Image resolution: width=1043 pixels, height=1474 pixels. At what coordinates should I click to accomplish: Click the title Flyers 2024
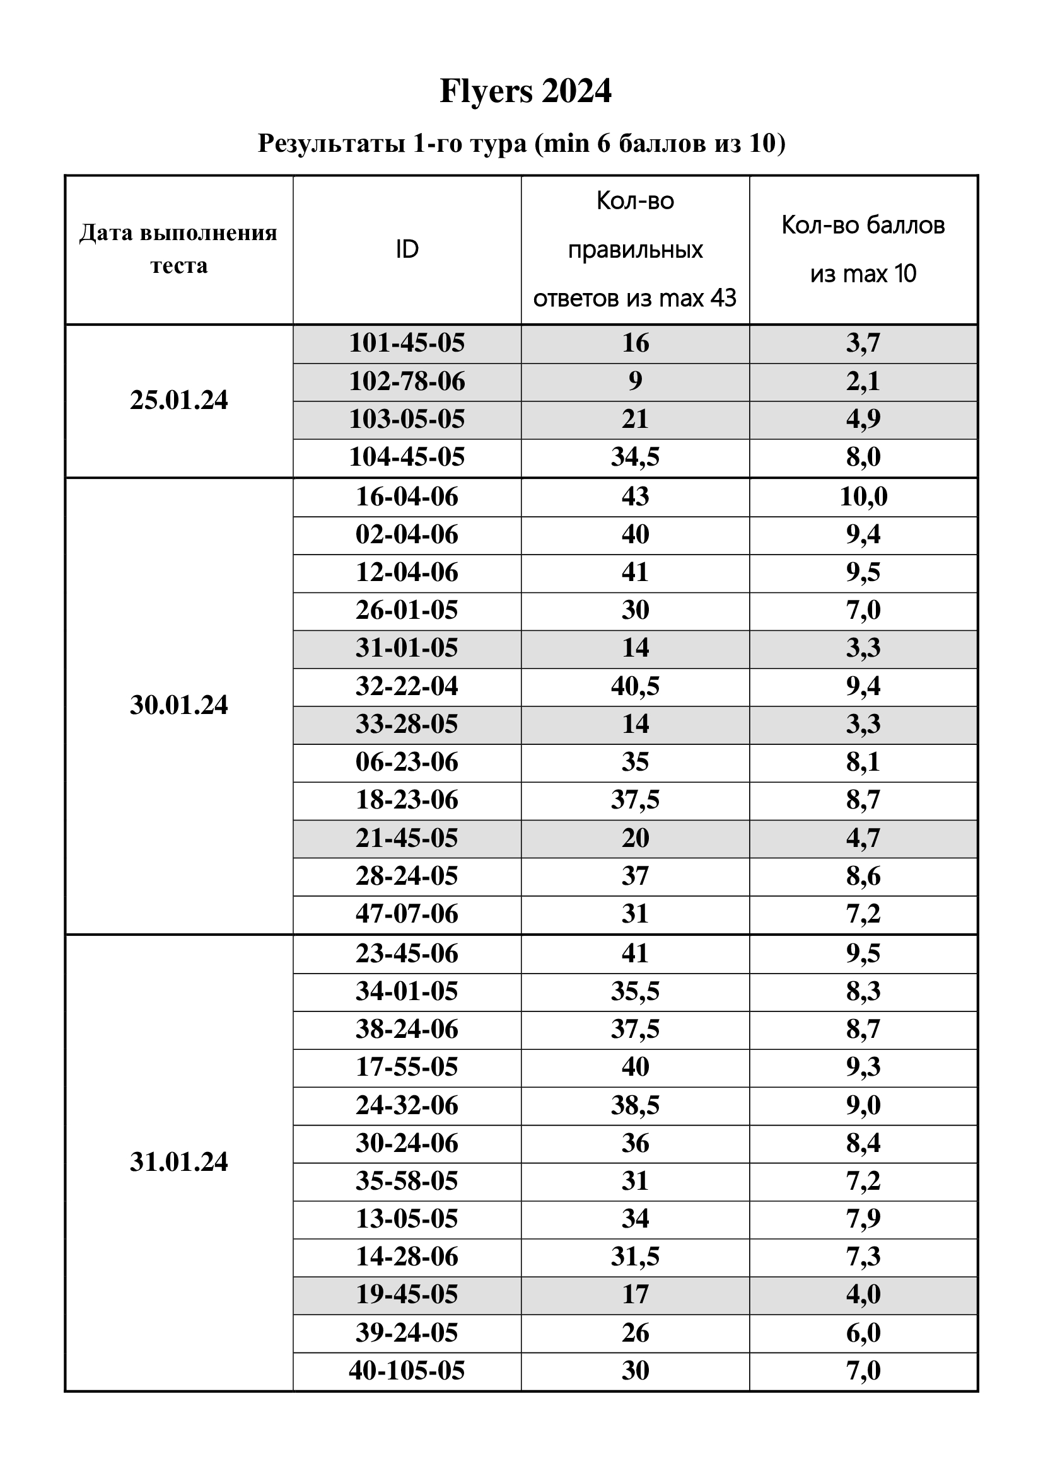coord(525,91)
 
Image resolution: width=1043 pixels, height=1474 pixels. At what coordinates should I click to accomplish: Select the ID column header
coord(407,249)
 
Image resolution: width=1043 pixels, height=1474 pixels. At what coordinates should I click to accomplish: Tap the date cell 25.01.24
coord(178,400)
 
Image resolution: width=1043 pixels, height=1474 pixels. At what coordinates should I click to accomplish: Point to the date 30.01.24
coord(178,705)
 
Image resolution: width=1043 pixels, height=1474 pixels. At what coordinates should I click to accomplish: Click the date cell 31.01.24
coord(178,1162)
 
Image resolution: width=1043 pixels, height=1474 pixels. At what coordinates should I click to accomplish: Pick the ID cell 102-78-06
coord(407,381)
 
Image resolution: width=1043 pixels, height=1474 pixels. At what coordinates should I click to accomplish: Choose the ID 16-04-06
coord(407,497)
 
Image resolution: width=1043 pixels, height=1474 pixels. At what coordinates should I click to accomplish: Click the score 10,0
coord(863,497)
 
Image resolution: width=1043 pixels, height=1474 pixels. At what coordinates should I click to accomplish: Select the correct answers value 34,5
coord(634,457)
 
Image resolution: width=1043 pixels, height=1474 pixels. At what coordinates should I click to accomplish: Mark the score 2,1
coord(863,381)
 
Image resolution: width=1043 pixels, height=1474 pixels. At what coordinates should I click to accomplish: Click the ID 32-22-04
coord(407,686)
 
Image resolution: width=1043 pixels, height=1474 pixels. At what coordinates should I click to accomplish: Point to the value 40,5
coord(634,686)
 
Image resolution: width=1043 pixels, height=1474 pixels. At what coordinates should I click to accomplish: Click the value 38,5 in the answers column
coord(634,1105)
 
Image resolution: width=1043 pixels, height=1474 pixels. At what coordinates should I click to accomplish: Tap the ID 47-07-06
coord(407,914)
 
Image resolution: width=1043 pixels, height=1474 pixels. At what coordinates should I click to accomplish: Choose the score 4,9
coord(863,419)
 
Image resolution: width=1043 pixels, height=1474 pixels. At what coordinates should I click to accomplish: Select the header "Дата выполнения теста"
coord(178,249)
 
